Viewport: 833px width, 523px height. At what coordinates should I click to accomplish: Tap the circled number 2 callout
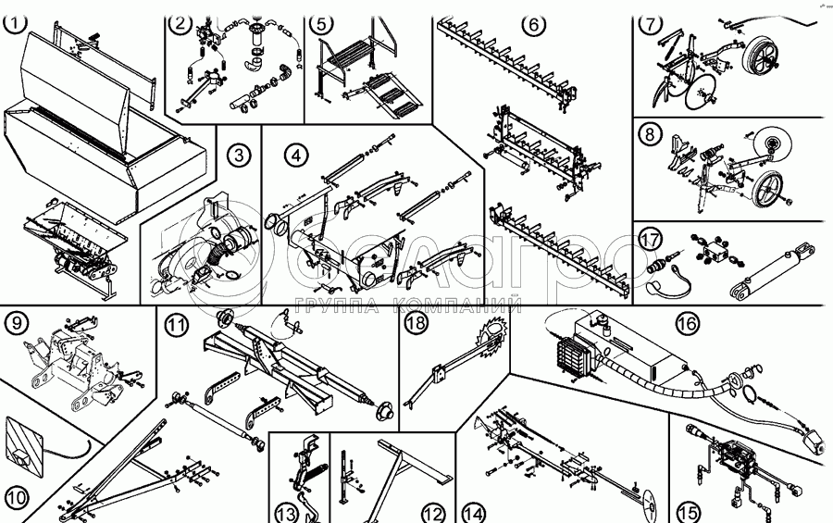tap(180, 24)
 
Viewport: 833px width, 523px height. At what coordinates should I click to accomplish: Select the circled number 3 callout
tap(240, 155)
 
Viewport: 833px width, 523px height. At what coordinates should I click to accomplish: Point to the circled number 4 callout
tap(294, 154)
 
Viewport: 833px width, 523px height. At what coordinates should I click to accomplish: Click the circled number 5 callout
tap(320, 24)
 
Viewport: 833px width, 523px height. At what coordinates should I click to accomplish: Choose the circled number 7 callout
tap(651, 24)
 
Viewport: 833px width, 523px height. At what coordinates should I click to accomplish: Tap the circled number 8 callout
tap(651, 134)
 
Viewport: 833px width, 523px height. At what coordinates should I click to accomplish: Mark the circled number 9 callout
tap(17, 323)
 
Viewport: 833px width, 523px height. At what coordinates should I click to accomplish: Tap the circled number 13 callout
tap(286, 511)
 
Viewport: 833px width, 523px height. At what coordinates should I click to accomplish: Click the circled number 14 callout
tap(474, 511)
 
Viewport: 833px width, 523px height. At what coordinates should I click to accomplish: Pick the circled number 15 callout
tap(687, 511)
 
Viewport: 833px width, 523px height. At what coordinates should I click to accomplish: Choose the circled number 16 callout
tap(686, 323)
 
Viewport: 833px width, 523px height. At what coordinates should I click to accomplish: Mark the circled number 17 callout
tap(651, 240)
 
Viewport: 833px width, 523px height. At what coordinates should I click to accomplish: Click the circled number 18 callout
tap(415, 323)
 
